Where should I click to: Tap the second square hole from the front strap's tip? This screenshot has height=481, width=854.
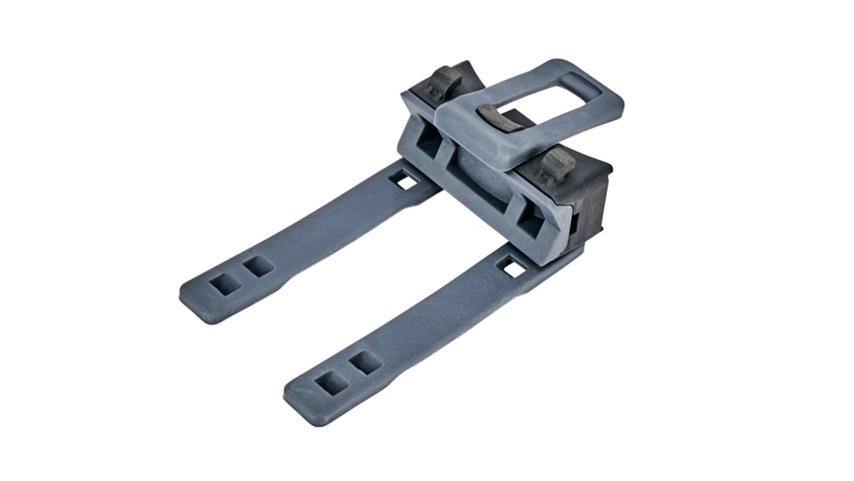(x=364, y=362)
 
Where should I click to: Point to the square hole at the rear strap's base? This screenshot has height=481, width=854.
(x=403, y=180)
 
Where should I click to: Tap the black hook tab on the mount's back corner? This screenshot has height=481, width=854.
(x=446, y=80)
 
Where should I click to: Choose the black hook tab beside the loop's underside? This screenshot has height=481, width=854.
(x=555, y=164)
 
